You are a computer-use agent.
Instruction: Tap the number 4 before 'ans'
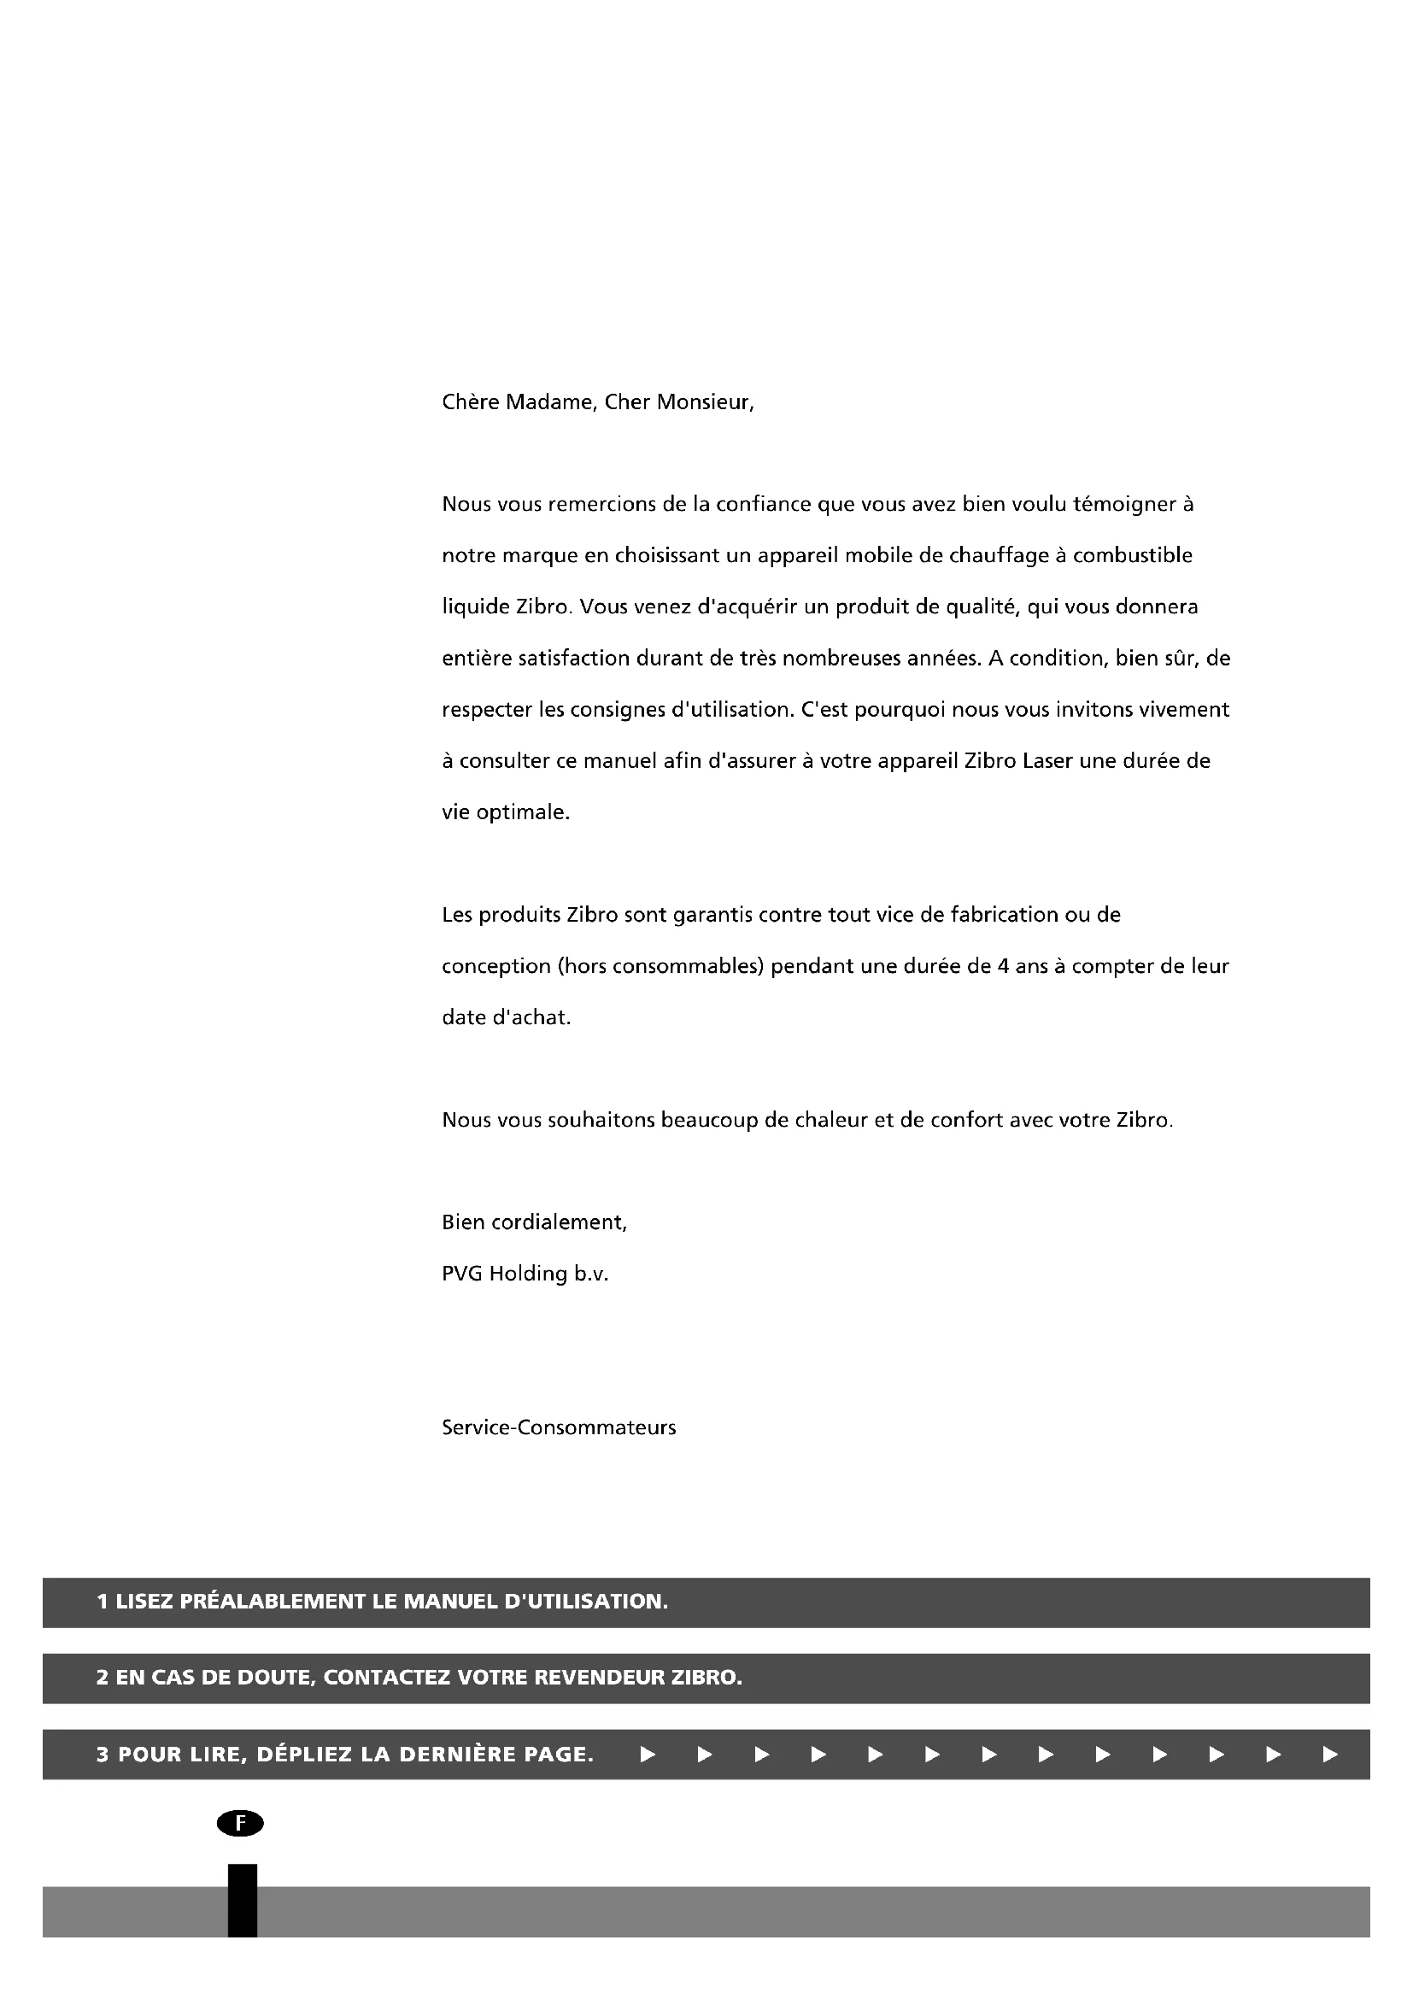click(x=1003, y=966)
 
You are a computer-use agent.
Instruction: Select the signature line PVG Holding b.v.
click(x=525, y=1274)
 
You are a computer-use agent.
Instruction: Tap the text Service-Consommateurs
click(x=559, y=1427)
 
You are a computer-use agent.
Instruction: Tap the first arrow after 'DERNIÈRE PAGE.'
click(x=648, y=1755)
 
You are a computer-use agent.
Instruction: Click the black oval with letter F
click(x=240, y=1823)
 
